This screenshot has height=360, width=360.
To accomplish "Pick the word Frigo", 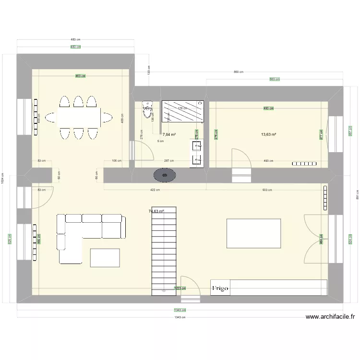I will tap(221, 288).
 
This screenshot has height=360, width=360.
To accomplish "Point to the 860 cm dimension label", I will tap(238, 72).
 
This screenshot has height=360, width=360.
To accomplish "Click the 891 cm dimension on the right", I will tap(357, 194).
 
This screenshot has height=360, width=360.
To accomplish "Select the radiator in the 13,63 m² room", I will tap(305, 164).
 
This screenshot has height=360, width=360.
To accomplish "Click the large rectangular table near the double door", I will tap(253, 233).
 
